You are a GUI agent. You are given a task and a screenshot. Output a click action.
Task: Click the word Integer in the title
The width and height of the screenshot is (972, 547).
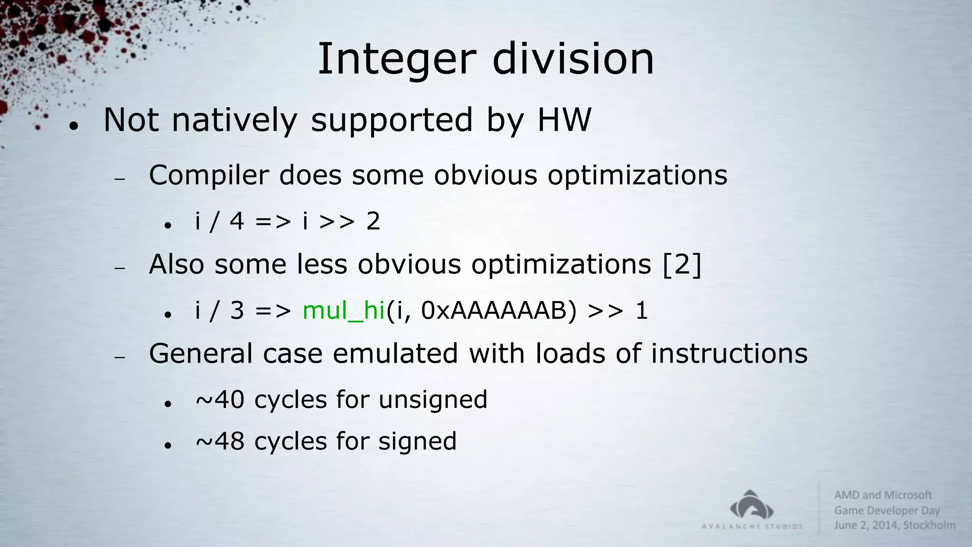pos(396,59)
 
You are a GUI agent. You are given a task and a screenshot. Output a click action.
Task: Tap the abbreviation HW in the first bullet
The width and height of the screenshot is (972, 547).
pos(564,120)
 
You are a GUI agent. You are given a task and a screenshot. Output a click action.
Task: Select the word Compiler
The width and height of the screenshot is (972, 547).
pos(209,175)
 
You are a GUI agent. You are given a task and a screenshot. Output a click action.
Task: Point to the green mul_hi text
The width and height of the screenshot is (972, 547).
pos(343,311)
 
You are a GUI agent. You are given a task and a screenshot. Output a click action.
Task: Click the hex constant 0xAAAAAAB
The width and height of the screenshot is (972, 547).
pos(498,311)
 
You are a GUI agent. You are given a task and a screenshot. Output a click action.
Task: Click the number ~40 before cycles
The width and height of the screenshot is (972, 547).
pos(220,400)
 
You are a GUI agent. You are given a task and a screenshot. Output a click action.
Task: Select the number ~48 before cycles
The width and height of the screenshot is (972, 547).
pos(220,441)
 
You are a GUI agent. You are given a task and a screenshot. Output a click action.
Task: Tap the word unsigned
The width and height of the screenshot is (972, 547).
pos(433,400)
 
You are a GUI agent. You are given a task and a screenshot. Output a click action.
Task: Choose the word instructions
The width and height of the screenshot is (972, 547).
pos(729,354)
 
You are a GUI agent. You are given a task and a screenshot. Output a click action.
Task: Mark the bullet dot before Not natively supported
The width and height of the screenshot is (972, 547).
pos(73,126)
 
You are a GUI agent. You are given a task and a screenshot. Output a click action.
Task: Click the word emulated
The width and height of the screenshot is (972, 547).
pos(395,354)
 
